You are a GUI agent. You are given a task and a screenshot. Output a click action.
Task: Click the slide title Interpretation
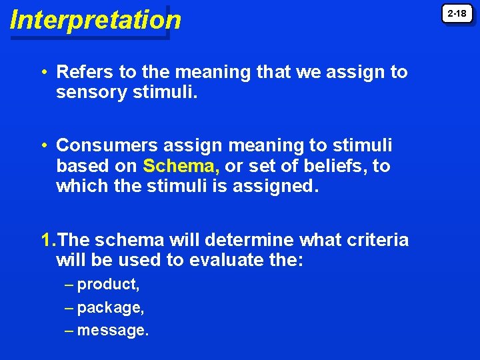point(95,20)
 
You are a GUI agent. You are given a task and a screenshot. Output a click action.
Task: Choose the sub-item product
point(108,285)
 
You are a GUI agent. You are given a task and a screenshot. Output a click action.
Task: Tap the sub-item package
point(111,308)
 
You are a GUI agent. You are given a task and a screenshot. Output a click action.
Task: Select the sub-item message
point(113,330)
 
